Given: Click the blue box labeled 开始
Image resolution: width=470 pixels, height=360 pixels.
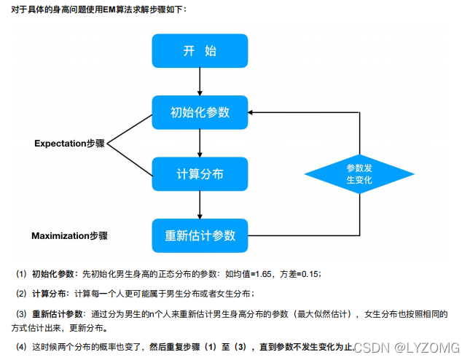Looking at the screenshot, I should click(x=200, y=51).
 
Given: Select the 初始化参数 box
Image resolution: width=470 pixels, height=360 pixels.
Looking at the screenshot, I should click(x=200, y=112).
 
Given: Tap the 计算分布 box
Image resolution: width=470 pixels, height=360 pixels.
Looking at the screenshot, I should click(x=200, y=174).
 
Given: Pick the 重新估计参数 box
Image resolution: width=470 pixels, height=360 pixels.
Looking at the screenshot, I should click(x=200, y=235).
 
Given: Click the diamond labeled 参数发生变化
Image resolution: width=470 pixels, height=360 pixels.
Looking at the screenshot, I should click(x=359, y=173).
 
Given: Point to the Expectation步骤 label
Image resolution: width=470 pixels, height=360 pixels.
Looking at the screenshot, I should click(x=70, y=144).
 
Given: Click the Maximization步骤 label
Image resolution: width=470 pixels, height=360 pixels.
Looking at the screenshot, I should click(x=69, y=236).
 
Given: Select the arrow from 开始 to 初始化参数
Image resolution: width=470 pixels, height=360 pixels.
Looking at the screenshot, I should click(x=200, y=82).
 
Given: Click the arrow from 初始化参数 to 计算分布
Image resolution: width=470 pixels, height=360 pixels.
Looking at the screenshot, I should click(x=200, y=144).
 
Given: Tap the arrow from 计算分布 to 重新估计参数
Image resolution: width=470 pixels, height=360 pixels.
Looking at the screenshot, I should click(x=200, y=206).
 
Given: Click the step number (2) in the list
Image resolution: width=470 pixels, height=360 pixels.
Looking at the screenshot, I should click(x=21, y=293).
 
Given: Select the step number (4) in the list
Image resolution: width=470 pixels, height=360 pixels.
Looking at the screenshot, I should click(x=21, y=346).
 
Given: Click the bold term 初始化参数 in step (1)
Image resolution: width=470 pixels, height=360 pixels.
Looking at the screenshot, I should click(x=54, y=274).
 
